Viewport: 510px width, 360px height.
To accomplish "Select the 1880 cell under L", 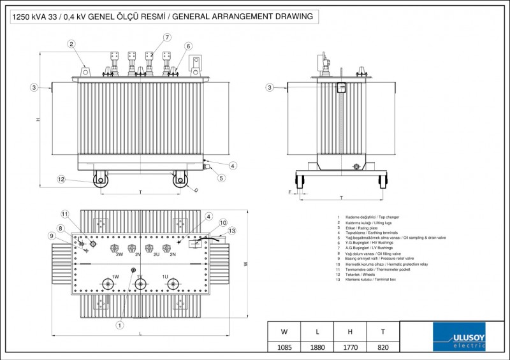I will click(317, 347).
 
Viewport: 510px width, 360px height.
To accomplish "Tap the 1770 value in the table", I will click(350, 347).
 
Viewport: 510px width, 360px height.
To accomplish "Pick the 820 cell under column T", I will click(382, 347).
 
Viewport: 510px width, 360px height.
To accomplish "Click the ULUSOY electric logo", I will click(458, 336).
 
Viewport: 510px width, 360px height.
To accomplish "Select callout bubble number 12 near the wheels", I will click(61, 180).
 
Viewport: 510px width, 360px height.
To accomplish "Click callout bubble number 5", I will click(221, 178).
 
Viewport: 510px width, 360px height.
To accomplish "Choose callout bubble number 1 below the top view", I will click(119, 324).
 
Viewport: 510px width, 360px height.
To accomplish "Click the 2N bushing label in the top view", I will click(172, 255).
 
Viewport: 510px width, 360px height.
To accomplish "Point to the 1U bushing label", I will click(164, 277).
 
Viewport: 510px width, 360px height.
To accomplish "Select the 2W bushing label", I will click(119, 255).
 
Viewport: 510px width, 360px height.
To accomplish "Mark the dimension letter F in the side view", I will click(290, 191).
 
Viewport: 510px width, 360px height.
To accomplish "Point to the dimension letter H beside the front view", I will click(38, 120).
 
